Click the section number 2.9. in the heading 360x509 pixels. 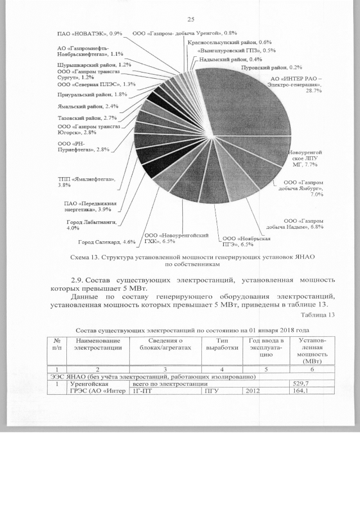(81, 280)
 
